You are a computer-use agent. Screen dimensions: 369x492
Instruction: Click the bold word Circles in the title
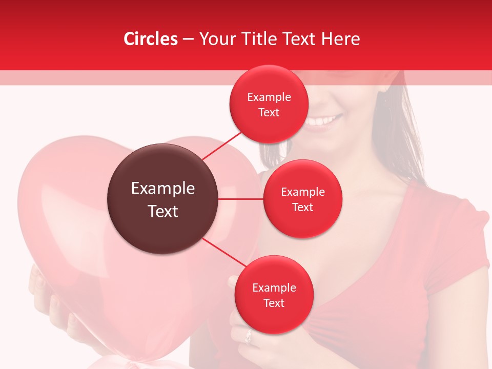click(x=151, y=39)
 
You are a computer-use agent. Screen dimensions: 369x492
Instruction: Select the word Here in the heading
click(x=340, y=39)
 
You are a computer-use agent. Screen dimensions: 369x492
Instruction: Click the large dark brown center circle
click(x=163, y=199)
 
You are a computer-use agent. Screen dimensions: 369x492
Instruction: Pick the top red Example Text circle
click(x=269, y=104)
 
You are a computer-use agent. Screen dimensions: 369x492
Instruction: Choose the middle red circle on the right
click(x=302, y=199)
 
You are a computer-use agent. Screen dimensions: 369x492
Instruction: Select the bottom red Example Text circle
click(x=274, y=295)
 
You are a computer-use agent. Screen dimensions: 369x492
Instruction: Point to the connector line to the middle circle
click(x=241, y=199)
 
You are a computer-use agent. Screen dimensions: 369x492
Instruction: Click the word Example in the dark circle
click(x=163, y=189)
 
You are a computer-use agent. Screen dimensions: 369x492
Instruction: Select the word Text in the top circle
click(x=269, y=112)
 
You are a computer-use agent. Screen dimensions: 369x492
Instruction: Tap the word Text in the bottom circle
click(x=274, y=303)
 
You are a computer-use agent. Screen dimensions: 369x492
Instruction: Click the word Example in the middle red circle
click(x=302, y=192)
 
